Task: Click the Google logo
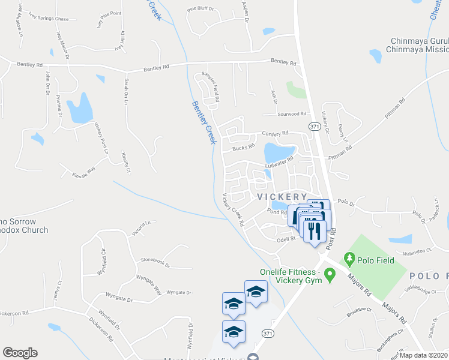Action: coord(20,353)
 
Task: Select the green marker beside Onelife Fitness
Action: coord(329,275)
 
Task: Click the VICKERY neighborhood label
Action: coord(282,196)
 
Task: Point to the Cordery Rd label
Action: coord(275,133)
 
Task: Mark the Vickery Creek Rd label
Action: coord(233,209)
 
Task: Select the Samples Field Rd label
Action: coord(212,86)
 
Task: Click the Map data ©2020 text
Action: coord(424,355)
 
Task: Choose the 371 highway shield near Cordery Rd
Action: coord(314,127)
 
